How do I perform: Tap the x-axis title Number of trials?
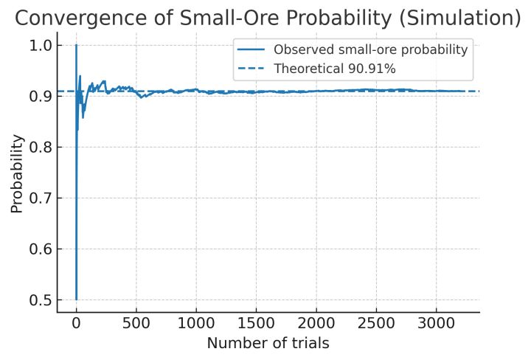(267, 343)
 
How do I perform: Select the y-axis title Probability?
(17, 173)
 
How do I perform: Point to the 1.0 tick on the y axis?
(43, 45)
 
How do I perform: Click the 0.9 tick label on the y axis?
(43, 96)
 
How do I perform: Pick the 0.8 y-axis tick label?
(43, 147)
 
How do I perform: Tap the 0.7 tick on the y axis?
(43, 198)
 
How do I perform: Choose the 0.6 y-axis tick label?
(43, 249)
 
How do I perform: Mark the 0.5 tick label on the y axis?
(43, 300)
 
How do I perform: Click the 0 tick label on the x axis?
(76, 323)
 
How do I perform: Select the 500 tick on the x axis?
(136, 323)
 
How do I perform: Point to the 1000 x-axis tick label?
(196, 323)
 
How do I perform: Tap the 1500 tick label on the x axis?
(256, 323)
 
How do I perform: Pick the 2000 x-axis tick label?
(316, 323)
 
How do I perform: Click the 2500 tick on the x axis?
(376, 323)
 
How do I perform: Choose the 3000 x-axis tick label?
(437, 323)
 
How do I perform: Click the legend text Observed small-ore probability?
(370, 50)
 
